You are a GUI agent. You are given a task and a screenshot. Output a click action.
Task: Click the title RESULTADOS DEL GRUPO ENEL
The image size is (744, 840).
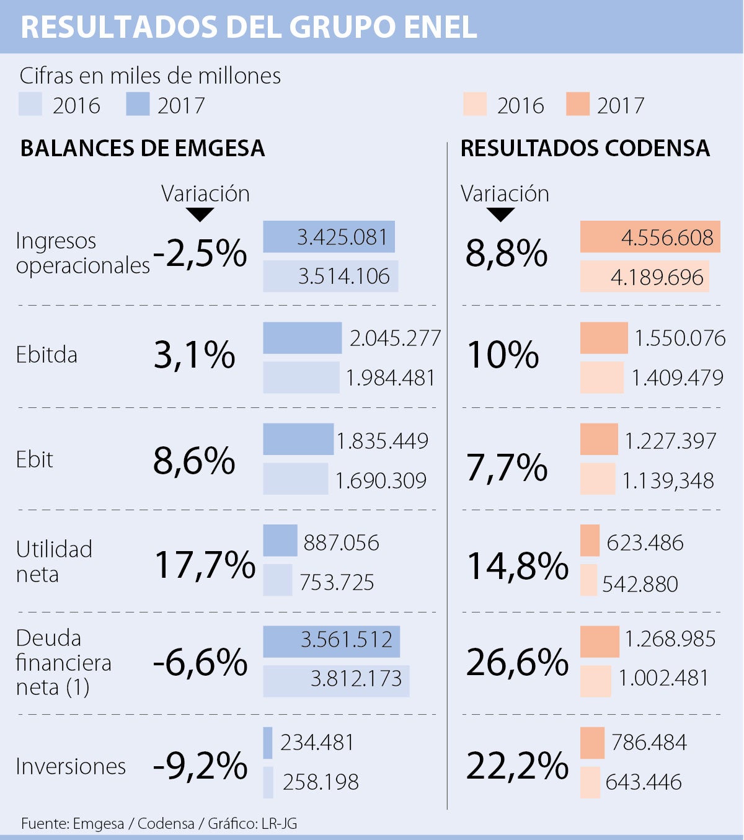click(x=249, y=27)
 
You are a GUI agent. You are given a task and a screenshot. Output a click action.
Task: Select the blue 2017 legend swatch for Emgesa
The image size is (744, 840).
click(x=138, y=104)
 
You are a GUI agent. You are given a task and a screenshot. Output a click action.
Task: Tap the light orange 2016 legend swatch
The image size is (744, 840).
click(x=474, y=104)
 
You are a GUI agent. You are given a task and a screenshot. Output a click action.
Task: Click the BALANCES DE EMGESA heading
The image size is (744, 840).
click(x=143, y=149)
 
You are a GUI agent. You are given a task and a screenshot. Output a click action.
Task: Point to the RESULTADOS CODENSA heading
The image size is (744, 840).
click(x=585, y=149)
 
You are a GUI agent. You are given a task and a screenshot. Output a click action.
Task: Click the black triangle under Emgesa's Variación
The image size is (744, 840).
click(x=200, y=214)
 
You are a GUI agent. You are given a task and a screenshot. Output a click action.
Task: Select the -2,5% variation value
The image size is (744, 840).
click(x=200, y=254)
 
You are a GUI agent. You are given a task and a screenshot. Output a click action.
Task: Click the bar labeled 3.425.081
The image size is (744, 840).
click(x=329, y=237)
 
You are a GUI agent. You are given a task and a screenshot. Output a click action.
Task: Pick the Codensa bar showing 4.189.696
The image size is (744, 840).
click(x=644, y=276)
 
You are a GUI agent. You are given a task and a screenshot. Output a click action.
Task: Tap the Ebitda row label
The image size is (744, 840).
click(x=46, y=355)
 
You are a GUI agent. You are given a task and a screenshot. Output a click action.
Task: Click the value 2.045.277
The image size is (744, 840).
click(x=395, y=338)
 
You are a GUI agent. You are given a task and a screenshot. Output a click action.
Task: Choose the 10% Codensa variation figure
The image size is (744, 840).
click(x=503, y=355)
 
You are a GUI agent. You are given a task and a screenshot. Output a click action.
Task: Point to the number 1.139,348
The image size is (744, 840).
click(x=668, y=480)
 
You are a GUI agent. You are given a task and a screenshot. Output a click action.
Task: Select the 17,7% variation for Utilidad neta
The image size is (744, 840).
click(x=204, y=565)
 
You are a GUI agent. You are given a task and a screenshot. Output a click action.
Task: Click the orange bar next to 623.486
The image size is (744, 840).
click(x=590, y=541)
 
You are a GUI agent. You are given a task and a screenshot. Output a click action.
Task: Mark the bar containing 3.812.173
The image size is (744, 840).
click(x=335, y=681)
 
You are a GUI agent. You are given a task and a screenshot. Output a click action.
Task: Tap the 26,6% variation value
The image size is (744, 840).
click(x=517, y=662)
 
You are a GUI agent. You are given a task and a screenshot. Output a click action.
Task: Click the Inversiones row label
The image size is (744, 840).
click(x=71, y=766)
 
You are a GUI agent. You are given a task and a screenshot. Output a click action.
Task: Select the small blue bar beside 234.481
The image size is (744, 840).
click(x=268, y=743)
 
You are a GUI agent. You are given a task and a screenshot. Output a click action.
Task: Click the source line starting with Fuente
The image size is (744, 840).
click(x=159, y=823)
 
